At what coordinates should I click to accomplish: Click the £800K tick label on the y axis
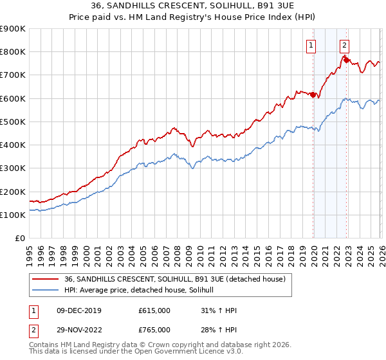[13, 52]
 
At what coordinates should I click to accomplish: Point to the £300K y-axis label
[13, 168]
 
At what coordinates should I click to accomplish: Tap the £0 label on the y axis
[21, 239]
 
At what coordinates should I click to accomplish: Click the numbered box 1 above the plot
[311, 45]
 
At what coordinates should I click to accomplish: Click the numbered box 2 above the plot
[345, 45]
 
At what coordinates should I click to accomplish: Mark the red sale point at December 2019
[313, 95]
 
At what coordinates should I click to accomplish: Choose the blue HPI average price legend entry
[143, 291]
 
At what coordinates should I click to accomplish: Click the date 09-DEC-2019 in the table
[78, 310]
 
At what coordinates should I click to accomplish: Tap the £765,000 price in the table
[154, 330]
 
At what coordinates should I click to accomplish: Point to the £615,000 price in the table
[154, 310]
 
